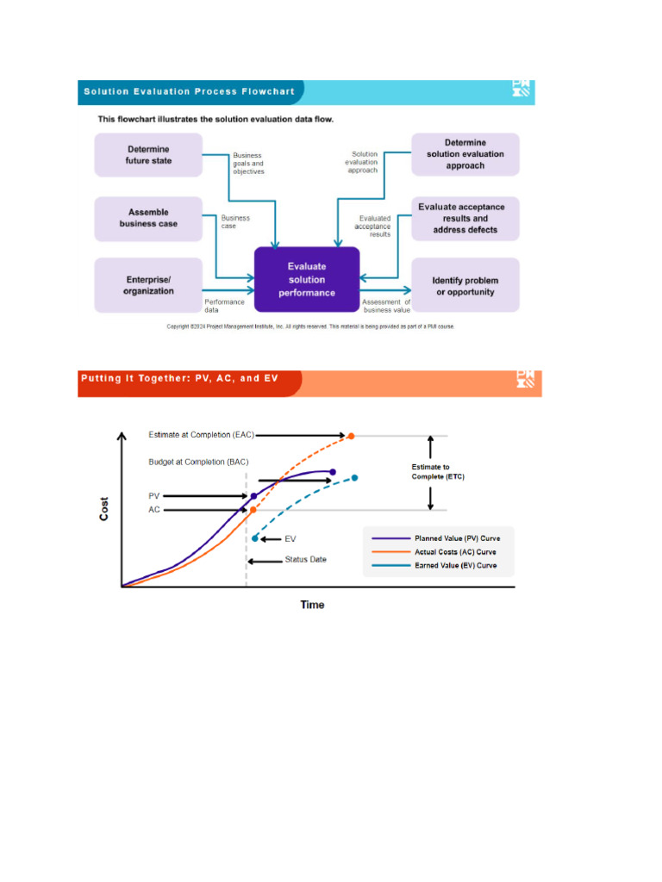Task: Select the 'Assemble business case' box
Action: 148,218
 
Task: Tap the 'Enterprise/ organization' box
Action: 148,285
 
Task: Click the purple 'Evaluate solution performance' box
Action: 306,280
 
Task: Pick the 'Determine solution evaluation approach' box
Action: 465,154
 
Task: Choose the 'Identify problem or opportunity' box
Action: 465,286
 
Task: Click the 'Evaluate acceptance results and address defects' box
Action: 465,218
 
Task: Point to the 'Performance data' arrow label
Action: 224,306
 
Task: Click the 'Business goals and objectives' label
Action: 248,164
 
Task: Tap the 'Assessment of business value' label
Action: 386,306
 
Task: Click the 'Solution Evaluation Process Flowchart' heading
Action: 188,91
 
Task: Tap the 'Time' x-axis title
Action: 312,605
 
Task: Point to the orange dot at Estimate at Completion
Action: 351,436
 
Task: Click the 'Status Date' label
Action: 305,560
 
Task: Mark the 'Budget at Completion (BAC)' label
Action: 198,463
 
